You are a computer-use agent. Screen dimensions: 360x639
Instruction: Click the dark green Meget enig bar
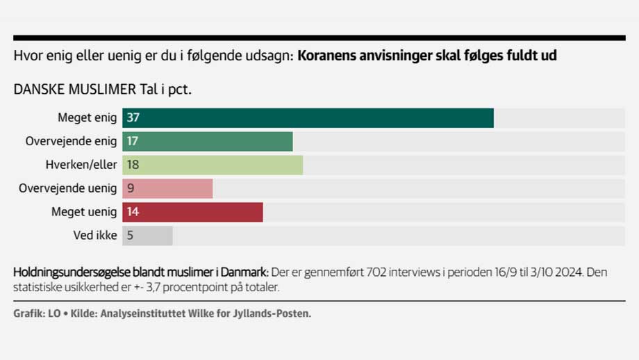308,118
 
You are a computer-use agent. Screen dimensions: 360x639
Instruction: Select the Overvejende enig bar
208,142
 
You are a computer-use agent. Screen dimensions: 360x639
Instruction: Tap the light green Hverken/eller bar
213,165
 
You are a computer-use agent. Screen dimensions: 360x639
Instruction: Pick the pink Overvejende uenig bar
167,189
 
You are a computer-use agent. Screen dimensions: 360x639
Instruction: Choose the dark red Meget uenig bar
192,213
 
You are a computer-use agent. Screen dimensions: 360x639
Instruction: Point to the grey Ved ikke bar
147,236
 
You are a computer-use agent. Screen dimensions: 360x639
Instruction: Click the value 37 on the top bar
133,118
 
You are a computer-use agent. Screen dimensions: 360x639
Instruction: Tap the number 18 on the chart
133,165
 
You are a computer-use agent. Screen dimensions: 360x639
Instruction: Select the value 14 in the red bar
133,213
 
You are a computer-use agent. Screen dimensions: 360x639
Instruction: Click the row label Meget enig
87,118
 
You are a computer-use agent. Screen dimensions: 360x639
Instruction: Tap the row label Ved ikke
95,236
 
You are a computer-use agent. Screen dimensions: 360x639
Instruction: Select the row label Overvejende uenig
68,189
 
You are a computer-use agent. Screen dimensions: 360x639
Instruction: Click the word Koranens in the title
328,56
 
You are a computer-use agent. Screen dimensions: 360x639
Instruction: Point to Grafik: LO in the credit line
37,314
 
